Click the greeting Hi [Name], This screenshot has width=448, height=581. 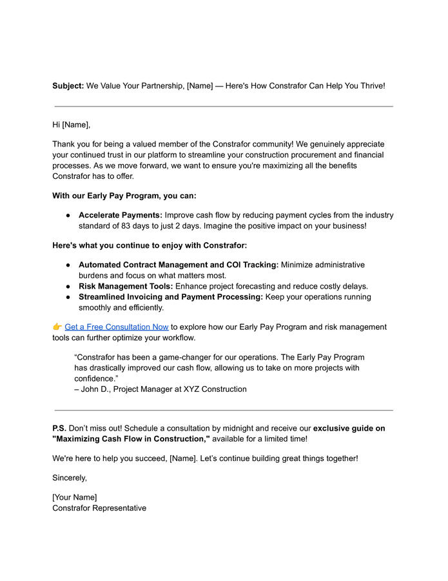tap(72, 125)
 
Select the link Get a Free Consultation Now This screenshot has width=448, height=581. tap(117, 327)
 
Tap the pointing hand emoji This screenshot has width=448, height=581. tap(57, 327)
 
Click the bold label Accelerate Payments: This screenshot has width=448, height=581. tap(121, 216)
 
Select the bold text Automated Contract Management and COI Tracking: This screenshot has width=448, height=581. tap(179, 265)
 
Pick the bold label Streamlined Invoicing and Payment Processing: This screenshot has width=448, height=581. tap(171, 297)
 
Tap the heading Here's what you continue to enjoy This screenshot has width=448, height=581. tap(150, 245)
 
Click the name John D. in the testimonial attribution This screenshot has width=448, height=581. tap(95, 389)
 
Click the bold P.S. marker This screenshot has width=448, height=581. tap(59, 429)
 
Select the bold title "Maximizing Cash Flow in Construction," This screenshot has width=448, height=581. tap(131, 439)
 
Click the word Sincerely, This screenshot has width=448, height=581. tap(70, 478)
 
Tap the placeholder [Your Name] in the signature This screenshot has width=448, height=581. tap(75, 497)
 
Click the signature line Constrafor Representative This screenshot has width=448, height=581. tap(99, 508)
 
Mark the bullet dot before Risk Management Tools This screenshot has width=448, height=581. tap(68, 286)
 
